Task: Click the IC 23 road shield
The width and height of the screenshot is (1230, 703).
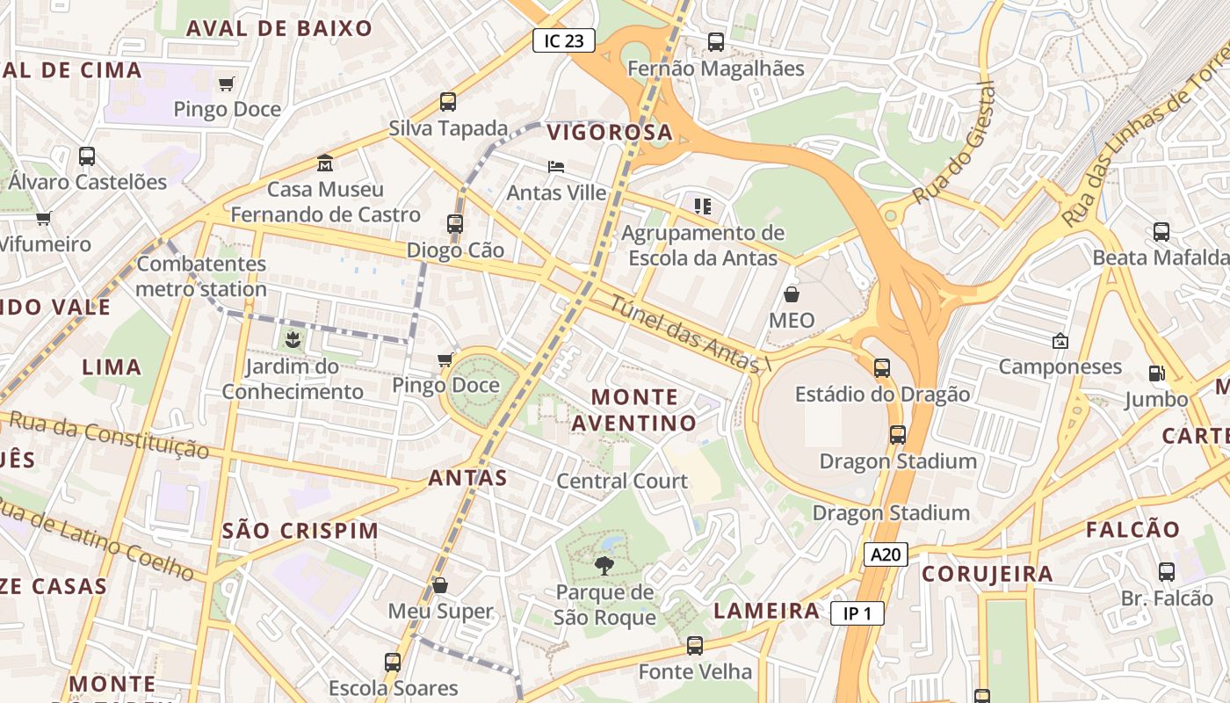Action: [x=564, y=40]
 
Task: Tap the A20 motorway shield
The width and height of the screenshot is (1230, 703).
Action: [x=885, y=554]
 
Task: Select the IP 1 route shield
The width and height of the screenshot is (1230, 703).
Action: [x=857, y=613]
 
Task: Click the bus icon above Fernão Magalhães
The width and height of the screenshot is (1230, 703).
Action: [x=716, y=41]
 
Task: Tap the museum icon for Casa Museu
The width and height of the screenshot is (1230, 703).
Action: [x=325, y=163]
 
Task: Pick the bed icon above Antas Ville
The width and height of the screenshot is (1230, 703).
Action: [x=556, y=166]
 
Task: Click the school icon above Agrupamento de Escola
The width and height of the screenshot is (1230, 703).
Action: [x=702, y=207]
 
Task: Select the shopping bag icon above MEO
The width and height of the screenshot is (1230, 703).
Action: [x=792, y=294]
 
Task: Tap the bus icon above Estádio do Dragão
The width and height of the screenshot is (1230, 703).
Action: [x=882, y=367]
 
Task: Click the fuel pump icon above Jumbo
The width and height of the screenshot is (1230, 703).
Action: [x=1156, y=373]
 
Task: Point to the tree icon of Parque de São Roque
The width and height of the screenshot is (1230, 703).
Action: [x=604, y=565]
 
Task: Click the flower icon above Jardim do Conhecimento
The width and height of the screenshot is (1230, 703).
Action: [x=292, y=338]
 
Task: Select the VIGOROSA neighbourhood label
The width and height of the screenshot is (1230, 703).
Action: [x=610, y=134]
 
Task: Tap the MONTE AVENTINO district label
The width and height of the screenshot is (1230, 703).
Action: [x=634, y=410]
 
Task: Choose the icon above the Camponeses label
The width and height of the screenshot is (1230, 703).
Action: [x=1060, y=340]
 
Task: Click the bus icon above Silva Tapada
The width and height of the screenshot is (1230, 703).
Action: [x=448, y=101]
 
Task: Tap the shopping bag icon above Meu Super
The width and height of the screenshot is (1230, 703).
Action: [x=440, y=584]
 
